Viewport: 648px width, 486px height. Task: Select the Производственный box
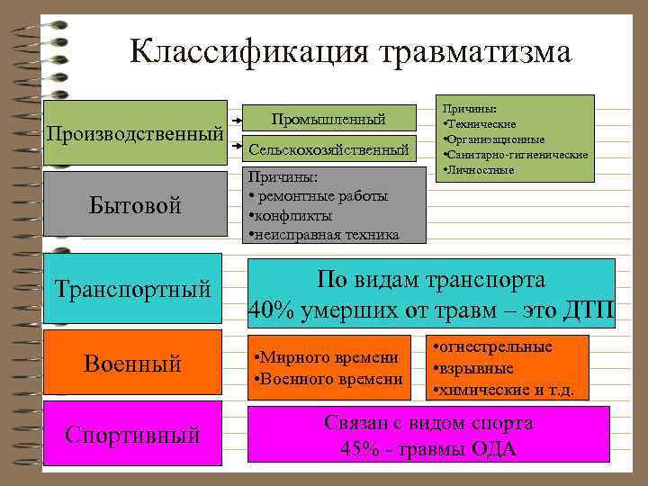tap(135, 134)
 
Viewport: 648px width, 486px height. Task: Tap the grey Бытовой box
tap(135, 205)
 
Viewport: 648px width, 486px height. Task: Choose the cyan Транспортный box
tap(132, 289)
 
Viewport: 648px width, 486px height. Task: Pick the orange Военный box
tap(132, 364)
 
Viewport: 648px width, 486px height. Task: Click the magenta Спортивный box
tap(132, 436)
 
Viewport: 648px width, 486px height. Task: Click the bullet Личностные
tap(480, 169)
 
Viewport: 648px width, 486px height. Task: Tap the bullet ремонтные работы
tap(319, 196)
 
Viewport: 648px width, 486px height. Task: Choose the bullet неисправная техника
tap(324, 235)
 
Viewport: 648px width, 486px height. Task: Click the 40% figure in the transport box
tap(270, 308)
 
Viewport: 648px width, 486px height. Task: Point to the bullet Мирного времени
tap(328, 359)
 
